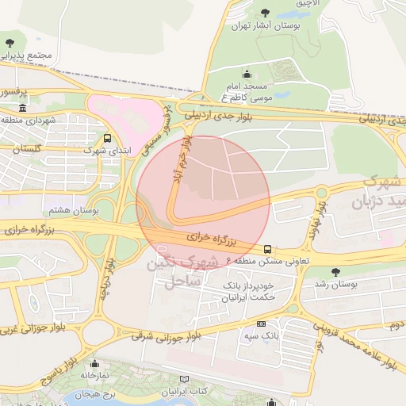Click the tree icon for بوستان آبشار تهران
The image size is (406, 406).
264,11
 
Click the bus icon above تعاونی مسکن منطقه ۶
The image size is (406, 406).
267,248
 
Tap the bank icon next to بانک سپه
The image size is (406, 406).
261,324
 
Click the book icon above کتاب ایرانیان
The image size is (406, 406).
185,381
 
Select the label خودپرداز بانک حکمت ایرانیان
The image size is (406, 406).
244,291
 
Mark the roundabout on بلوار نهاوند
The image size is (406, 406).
321,192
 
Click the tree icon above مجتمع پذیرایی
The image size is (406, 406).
10,43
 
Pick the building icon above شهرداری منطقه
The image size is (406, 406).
21,108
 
